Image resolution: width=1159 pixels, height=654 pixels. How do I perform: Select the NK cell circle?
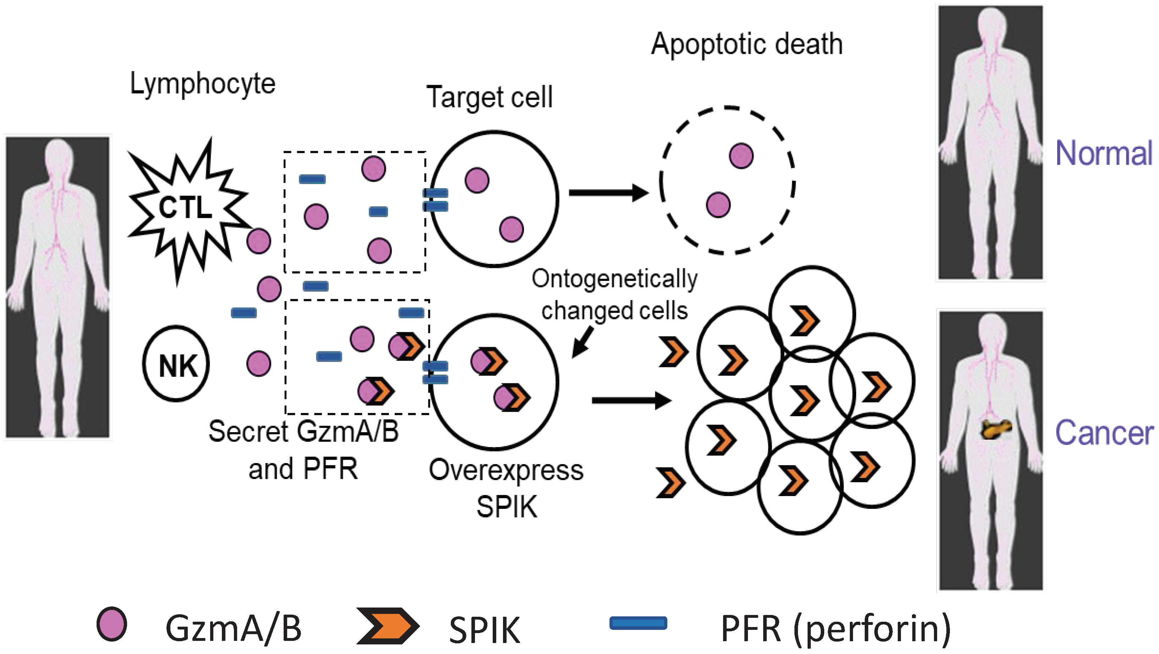[x=176, y=363]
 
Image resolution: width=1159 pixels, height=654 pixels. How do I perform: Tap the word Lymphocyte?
[x=202, y=84]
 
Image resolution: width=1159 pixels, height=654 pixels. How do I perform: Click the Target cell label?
[x=490, y=98]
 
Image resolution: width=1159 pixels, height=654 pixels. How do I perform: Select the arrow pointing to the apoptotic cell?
[x=607, y=193]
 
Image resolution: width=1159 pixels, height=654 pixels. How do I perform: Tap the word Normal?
[x=1104, y=154]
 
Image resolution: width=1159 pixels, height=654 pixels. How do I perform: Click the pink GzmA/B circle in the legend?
[x=111, y=624]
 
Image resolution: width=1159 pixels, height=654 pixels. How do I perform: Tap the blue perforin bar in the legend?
[x=638, y=623]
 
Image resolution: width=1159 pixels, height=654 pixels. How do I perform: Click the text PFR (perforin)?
[x=835, y=628]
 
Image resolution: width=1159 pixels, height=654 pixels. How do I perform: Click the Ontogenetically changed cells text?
[x=614, y=295]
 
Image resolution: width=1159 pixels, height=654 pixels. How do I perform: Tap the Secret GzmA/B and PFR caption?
[x=303, y=450]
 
